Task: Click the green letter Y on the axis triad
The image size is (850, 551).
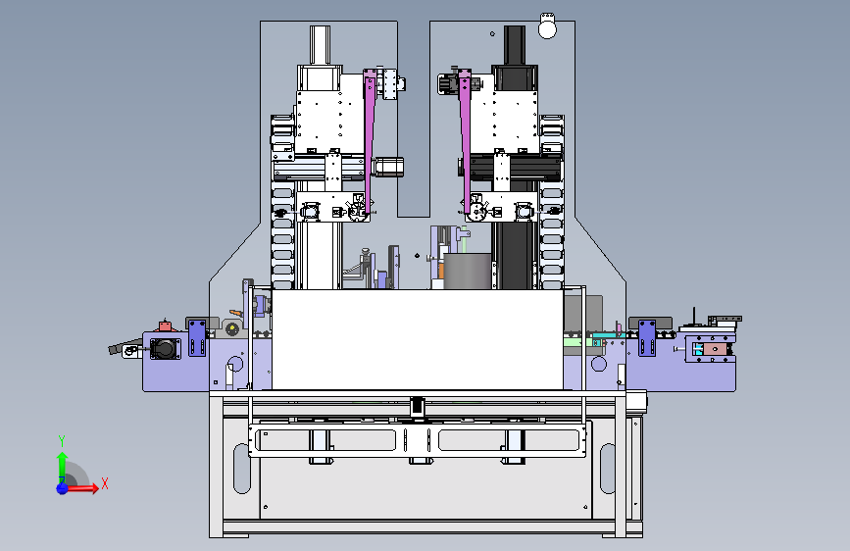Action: coord(62,441)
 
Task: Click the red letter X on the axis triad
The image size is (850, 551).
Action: coord(105,483)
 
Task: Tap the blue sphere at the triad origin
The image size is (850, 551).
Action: coord(62,488)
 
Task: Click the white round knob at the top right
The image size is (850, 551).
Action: coord(547,27)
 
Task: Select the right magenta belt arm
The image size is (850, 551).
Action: coord(465,142)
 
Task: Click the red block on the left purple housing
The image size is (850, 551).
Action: coord(165,326)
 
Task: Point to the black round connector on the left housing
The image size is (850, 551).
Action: coord(165,348)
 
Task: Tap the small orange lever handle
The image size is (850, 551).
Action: coord(236,313)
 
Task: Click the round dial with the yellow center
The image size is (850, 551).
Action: coord(232,328)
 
